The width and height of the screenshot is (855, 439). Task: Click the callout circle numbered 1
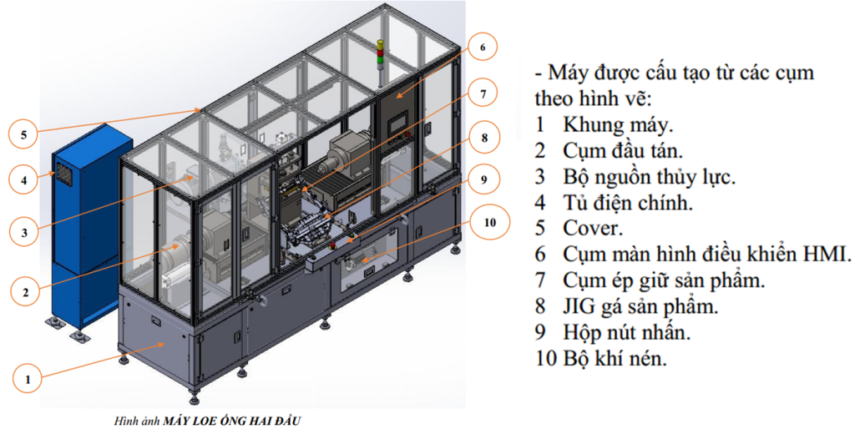[28, 380]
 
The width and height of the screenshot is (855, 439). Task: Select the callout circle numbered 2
[25, 292]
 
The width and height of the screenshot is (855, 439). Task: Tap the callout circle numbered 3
[24, 233]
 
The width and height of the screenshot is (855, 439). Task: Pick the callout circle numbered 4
[24, 179]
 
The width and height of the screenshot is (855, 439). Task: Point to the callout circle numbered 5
[23, 134]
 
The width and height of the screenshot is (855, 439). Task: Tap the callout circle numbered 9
[484, 179]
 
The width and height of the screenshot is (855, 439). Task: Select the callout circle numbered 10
[489, 222]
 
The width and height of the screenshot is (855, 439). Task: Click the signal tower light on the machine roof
[380, 53]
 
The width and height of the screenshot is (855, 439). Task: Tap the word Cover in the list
[593, 227]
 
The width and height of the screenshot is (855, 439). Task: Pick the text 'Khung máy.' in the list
[619, 125]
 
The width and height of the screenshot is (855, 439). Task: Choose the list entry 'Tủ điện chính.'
[628, 203]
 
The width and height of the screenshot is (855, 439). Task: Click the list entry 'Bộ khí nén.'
[615, 358]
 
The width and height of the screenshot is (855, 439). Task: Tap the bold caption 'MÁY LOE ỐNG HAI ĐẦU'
[232, 421]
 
